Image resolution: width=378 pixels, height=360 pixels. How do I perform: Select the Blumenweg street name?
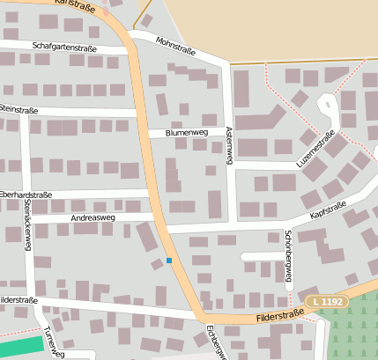click(186, 133)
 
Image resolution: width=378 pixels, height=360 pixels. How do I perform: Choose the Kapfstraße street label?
click(329, 210)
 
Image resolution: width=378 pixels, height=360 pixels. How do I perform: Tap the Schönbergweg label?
click(288, 255)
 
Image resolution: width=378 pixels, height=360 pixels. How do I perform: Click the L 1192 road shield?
click(328, 302)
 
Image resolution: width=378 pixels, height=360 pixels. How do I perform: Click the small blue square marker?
click(169, 261)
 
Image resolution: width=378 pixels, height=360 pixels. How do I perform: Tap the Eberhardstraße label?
click(26, 195)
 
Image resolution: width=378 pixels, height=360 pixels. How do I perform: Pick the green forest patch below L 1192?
click(352, 330)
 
